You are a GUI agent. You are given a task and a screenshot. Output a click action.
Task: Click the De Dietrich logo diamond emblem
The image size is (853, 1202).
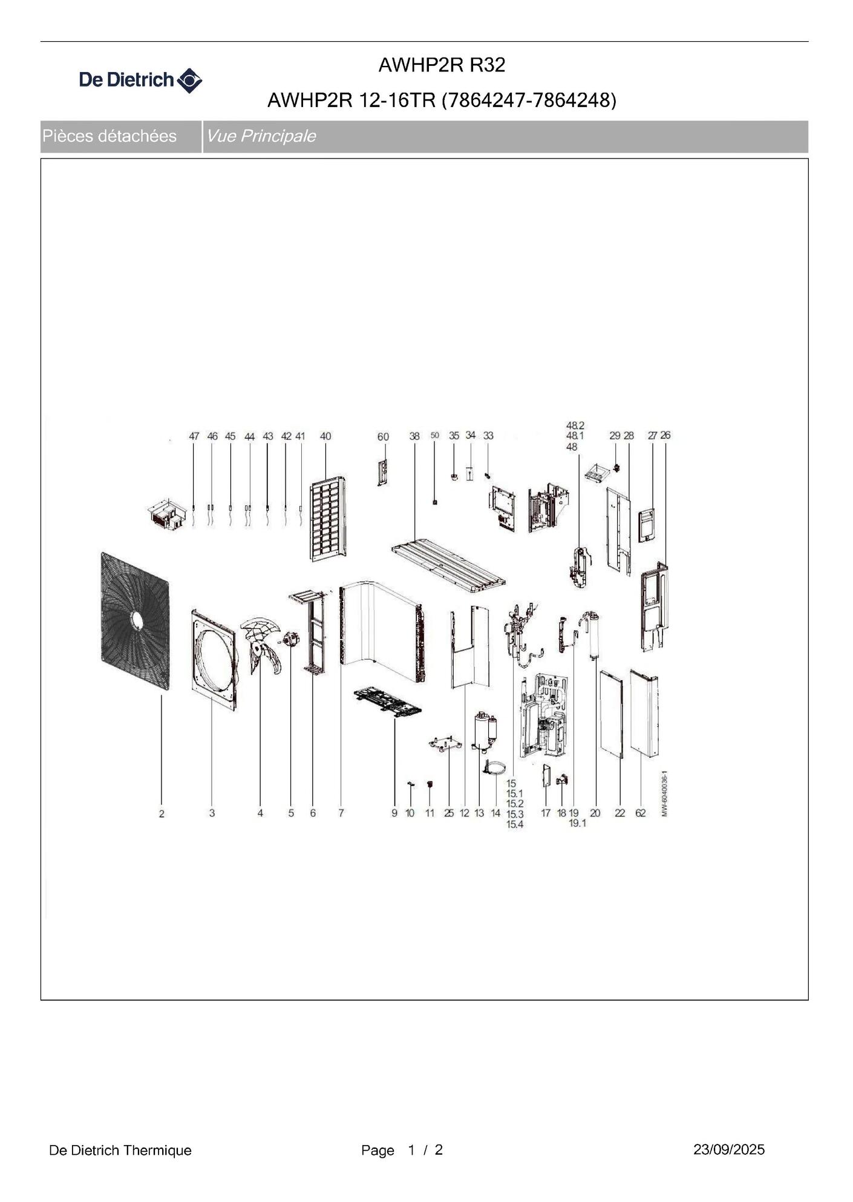(x=189, y=80)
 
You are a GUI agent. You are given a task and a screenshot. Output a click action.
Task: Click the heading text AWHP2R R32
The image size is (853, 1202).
(x=442, y=65)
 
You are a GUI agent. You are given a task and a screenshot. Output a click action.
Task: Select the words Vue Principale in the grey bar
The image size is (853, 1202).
(x=261, y=136)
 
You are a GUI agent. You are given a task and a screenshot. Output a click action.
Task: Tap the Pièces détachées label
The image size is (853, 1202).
(x=109, y=136)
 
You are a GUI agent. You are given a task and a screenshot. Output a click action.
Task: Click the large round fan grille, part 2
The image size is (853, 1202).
(x=135, y=620)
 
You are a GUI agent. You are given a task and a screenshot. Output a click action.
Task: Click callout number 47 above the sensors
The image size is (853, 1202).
(x=194, y=436)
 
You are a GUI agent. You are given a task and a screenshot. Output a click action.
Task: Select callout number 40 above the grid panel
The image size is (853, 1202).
(x=325, y=436)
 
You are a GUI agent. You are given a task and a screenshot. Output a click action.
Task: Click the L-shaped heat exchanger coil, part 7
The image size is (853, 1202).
(x=381, y=629)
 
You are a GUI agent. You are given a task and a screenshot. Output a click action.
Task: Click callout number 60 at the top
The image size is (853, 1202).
(x=383, y=436)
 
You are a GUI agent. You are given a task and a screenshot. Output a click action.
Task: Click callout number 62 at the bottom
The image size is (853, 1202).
(x=640, y=813)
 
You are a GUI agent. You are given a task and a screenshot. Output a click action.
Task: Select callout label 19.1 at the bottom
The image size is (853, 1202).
(x=577, y=823)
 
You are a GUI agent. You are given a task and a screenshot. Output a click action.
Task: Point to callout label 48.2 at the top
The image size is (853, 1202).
(x=575, y=425)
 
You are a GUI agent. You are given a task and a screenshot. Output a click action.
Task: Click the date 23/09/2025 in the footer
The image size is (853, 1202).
(x=729, y=1149)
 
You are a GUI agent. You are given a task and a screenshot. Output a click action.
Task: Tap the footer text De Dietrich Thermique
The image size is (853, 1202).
(x=120, y=1150)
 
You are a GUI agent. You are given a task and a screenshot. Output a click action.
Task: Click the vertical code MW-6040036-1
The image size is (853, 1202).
(x=664, y=793)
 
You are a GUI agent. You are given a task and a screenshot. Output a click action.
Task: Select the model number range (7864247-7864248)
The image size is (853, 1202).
(x=529, y=100)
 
